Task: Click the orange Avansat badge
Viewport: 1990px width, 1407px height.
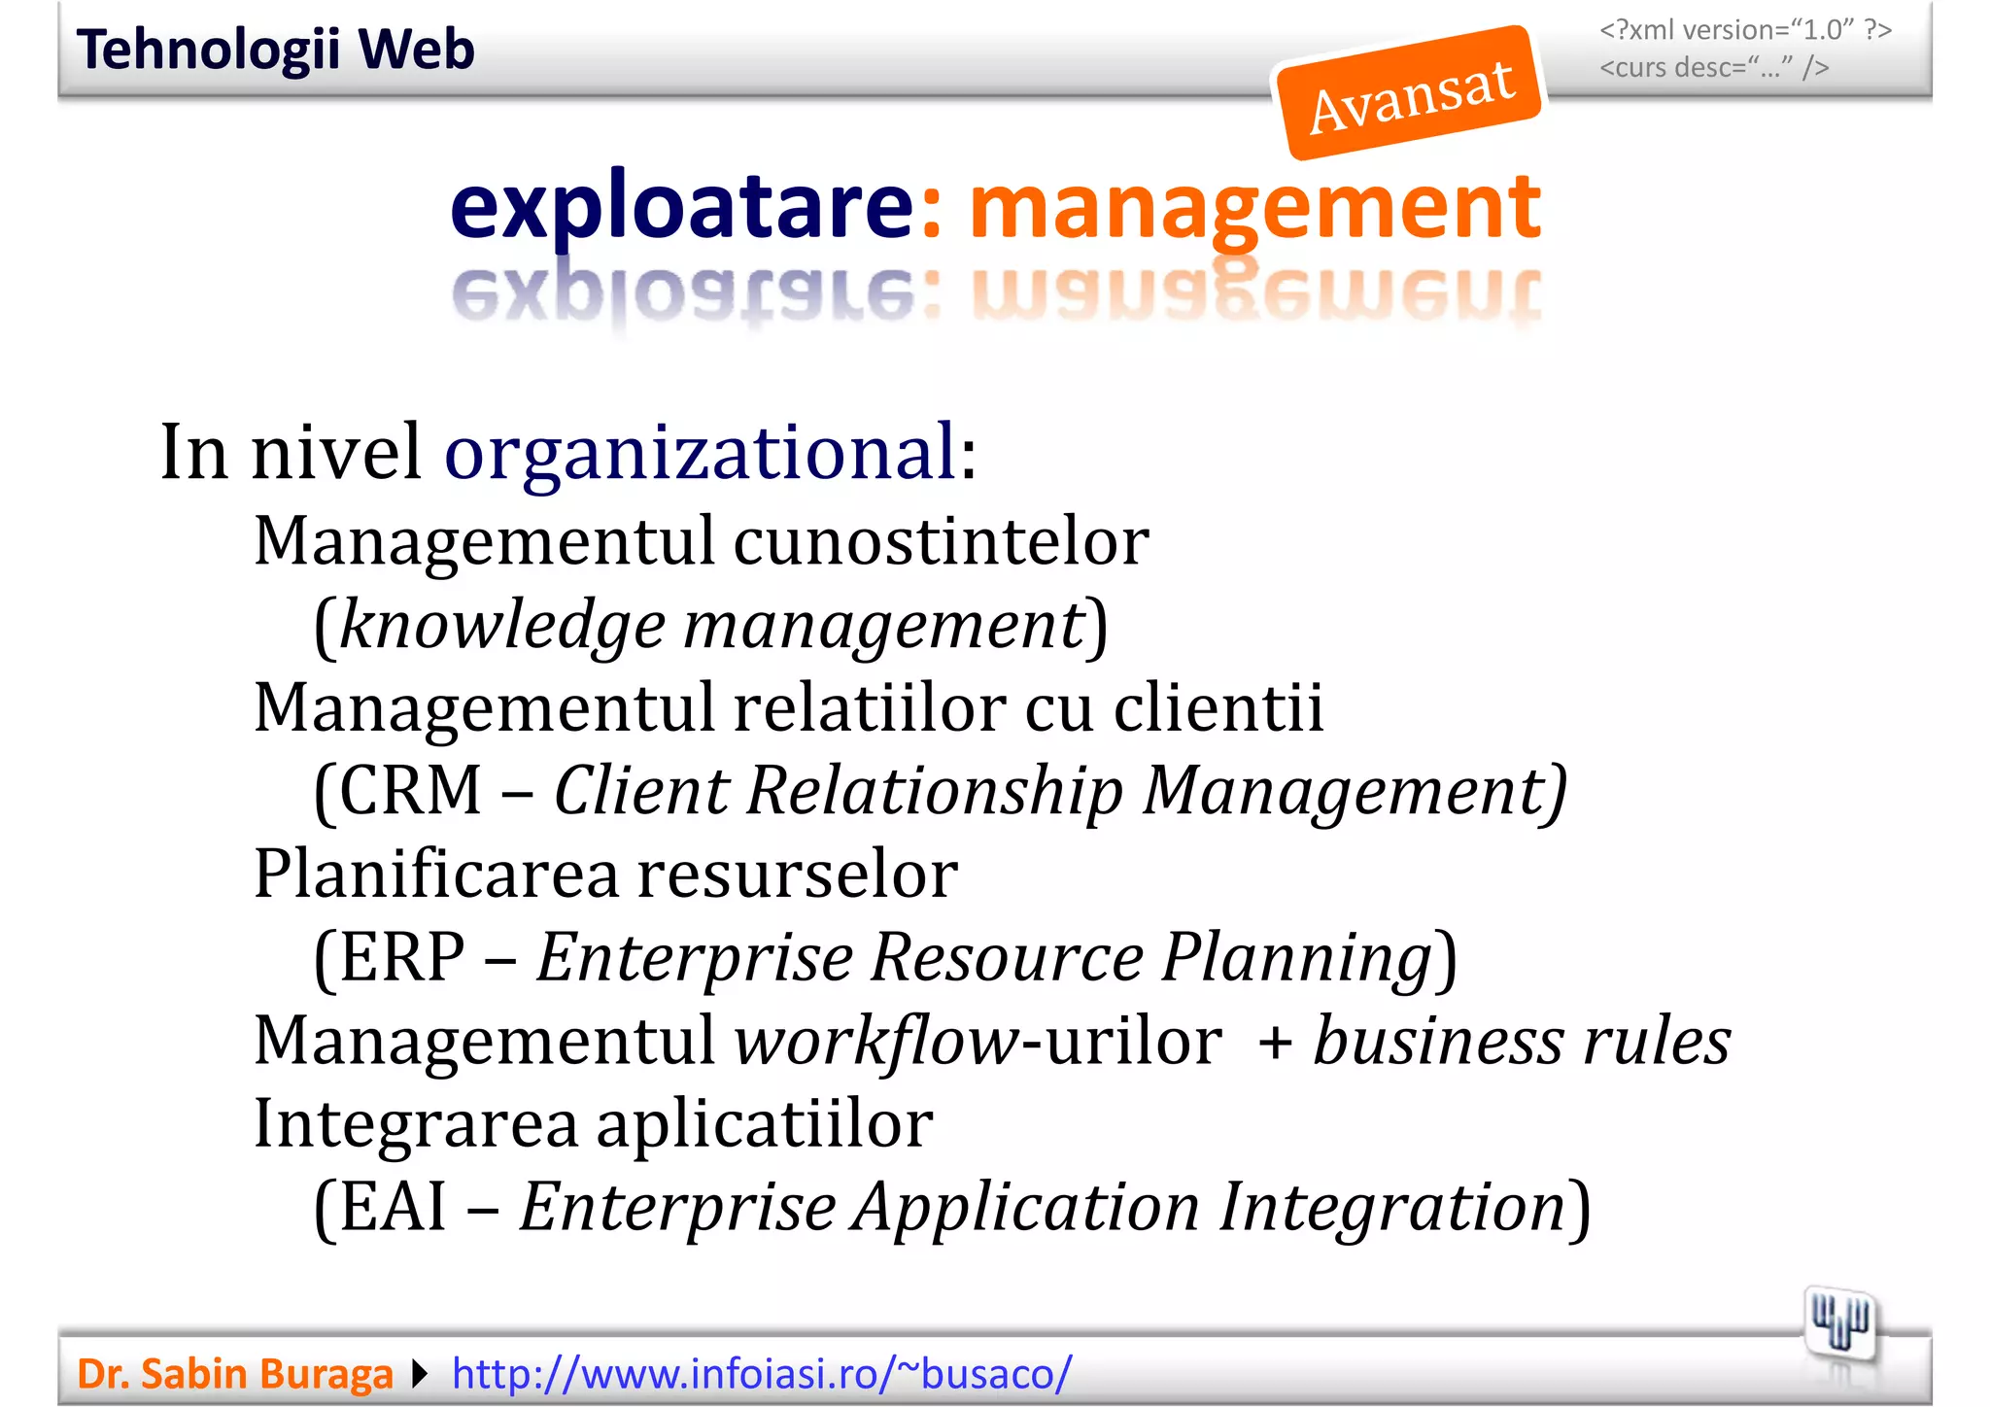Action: click(x=1409, y=93)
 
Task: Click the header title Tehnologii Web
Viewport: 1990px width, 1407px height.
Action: click(x=275, y=50)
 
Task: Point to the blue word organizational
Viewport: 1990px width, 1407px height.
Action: click(x=701, y=453)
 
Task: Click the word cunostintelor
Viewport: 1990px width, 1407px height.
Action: click(x=941, y=541)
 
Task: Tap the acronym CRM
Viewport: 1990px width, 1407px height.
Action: click(x=410, y=790)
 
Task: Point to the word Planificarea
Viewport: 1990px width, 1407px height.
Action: click(x=436, y=874)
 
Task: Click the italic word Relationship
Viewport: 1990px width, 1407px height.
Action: click(x=935, y=790)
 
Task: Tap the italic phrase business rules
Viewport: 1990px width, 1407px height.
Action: click(x=1522, y=1041)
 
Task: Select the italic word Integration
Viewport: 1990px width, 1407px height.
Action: click(x=1392, y=1207)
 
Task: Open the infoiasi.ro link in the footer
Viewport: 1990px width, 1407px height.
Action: click(x=762, y=1374)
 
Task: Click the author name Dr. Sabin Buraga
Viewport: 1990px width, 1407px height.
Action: click(x=235, y=1374)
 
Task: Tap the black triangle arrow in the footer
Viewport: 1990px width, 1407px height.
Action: click(x=420, y=1374)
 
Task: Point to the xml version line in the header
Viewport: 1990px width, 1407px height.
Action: click(x=1745, y=30)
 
